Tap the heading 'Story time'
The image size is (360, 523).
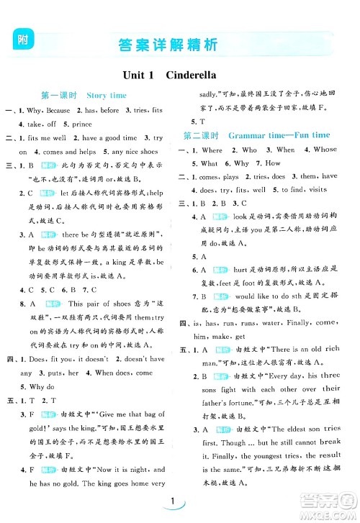click(107, 95)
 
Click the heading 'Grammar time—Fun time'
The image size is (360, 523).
click(279, 135)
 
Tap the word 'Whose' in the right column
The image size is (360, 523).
click(324, 150)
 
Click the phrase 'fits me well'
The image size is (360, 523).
click(48, 137)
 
